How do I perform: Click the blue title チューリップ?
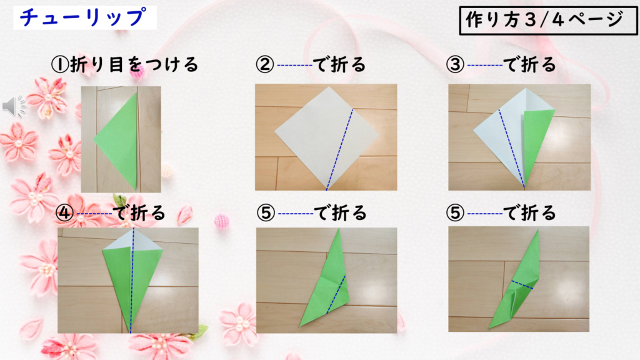82,17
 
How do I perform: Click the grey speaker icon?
14,106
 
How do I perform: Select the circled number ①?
59,65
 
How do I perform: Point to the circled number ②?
265,64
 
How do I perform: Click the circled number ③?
455,64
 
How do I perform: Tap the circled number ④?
64,212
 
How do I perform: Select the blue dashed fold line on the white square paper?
339,149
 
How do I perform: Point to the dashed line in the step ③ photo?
511,147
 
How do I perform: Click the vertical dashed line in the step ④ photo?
132,281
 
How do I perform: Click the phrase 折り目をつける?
134,64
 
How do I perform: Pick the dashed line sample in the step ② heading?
295,65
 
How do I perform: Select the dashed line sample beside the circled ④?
94,214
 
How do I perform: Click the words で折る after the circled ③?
529,64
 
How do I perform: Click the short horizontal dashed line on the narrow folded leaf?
522,285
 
